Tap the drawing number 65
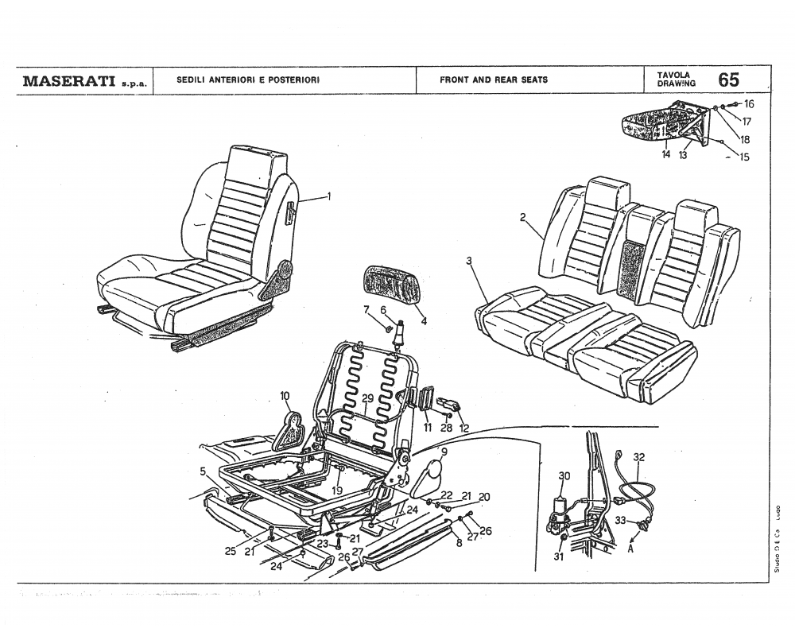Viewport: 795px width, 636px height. tap(728, 80)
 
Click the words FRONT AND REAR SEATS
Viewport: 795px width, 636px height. tap(493, 80)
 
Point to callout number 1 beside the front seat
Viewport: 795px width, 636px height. tap(328, 196)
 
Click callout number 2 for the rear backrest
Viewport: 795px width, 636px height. tap(523, 217)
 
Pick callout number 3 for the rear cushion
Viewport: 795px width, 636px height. tap(469, 260)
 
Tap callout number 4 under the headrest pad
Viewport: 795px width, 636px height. tap(424, 321)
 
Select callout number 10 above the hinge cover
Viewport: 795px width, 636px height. tap(285, 395)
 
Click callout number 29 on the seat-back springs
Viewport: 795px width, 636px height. tap(367, 398)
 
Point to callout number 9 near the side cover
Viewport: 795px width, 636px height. tap(444, 452)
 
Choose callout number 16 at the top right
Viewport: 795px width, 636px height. tap(749, 103)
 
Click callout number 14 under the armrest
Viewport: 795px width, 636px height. tap(666, 155)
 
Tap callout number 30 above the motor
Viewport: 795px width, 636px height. tap(564, 475)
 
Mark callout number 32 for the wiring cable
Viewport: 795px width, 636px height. tap(638, 457)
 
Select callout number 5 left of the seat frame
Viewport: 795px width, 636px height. tap(203, 471)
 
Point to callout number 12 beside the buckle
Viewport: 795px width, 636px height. tap(463, 428)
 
